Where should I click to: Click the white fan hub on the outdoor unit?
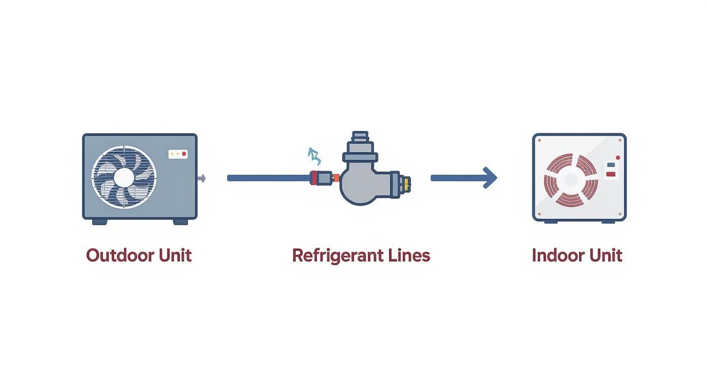pos(124,177)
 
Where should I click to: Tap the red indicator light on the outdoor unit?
pos(184,153)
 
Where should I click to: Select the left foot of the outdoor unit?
pos(100,221)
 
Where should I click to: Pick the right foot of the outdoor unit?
pos(180,221)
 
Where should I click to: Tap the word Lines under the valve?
pos(406,255)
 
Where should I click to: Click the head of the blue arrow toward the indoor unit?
pos(490,178)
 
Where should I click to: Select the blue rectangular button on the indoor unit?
pos(611,165)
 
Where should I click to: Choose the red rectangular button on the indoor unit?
pos(611,174)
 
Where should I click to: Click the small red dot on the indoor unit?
pos(618,157)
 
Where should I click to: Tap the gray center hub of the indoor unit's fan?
pos(570,180)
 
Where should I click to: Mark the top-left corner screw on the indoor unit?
pos(539,140)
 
